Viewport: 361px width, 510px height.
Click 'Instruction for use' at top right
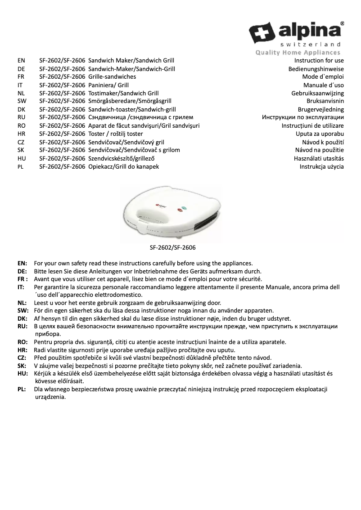(x=319, y=60)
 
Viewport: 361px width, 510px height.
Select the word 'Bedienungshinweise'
(x=316, y=69)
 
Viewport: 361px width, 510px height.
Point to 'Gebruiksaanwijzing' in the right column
(x=317, y=93)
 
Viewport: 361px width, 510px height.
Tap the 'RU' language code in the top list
(x=21, y=117)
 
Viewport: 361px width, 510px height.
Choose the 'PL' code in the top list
(x=20, y=166)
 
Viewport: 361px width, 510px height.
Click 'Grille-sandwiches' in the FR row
(x=112, y=77)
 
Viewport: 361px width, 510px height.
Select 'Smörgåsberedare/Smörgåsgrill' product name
(x=130, y=101)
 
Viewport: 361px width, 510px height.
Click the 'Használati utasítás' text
(x=319, y=158)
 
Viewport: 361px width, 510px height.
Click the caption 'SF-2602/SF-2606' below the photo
(x=173, y=247)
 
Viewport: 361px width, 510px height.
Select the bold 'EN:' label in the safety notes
(x=22, y=263)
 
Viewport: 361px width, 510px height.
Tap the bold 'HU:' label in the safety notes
(x=23, y=373)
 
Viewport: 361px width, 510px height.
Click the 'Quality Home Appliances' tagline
(x=298, y=53)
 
